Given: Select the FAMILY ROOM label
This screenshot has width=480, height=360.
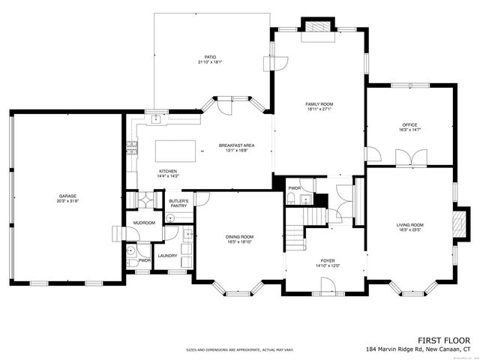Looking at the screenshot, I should coord(319,103).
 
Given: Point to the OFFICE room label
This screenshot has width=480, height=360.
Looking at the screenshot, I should coord(409,125).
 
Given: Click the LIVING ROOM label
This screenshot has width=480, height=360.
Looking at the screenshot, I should coord(409,224).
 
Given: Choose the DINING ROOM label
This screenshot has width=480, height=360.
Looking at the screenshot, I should coord(239,238).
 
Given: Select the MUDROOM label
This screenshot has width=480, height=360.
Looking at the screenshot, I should coord(144,223).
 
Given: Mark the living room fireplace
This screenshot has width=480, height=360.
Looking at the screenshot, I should coord(460,223).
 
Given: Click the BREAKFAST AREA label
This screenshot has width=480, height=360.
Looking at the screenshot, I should coord(237,147).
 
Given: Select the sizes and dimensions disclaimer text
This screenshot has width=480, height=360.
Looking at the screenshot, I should coord(240,349).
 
